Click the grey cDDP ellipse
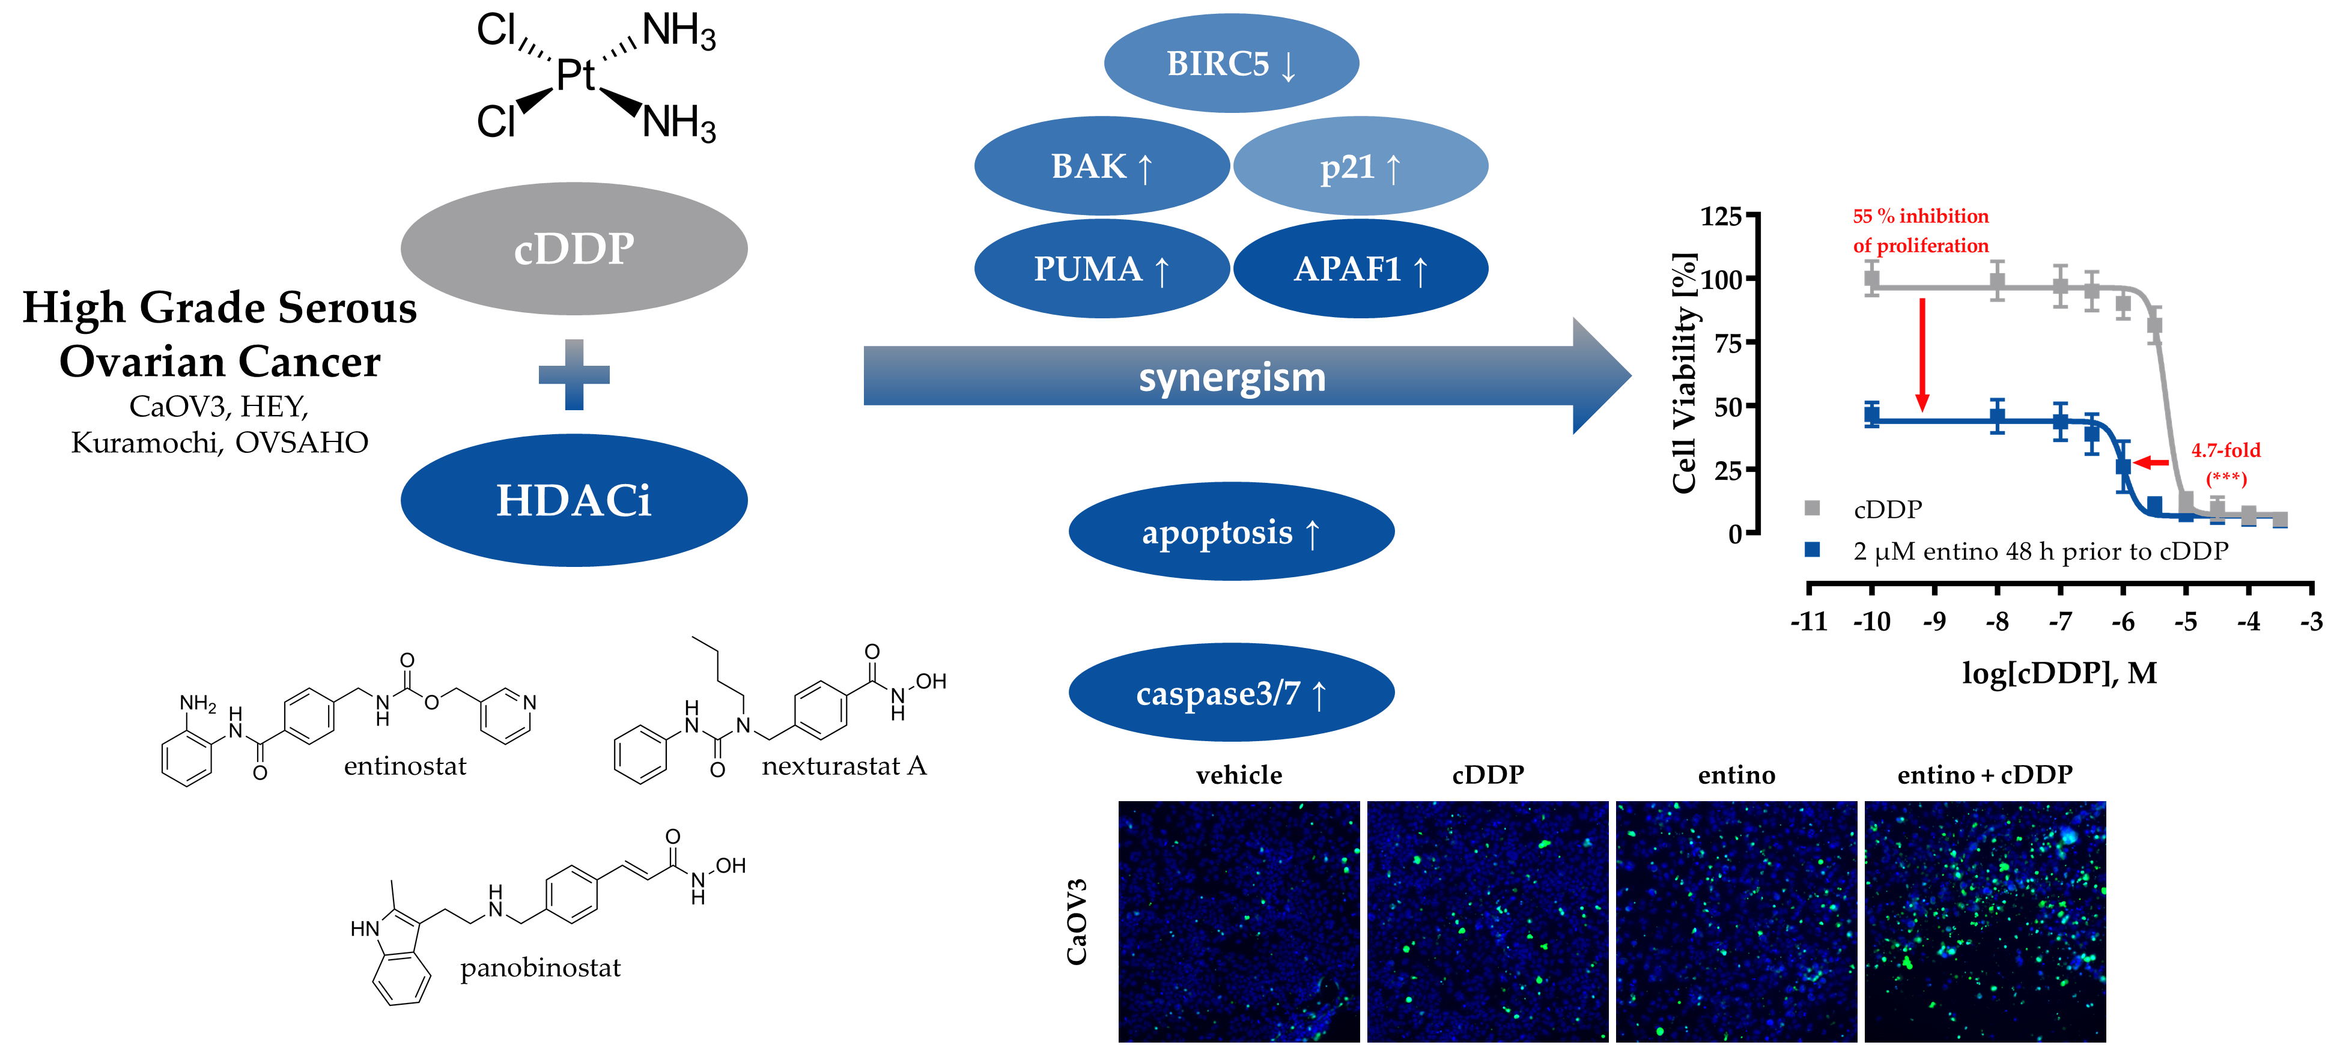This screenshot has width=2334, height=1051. point(574,248)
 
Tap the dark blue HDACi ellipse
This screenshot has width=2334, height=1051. point(574,500)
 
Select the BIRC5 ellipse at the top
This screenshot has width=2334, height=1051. point(1230,64)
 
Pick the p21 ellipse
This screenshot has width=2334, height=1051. point(1360,167)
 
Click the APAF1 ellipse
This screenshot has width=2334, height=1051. point(1360,269)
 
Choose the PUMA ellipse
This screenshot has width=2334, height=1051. point(1101,269)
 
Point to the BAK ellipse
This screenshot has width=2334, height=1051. point(1101,167)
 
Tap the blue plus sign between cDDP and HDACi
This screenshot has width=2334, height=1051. point(574,374)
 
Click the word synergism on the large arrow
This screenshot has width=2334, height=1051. point(1232,377)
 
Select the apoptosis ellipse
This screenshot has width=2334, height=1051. point(1230,532)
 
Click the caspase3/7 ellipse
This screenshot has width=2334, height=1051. point(1230,693)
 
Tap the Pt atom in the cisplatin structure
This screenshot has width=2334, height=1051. point(574,74)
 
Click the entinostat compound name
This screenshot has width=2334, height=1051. point(405,766)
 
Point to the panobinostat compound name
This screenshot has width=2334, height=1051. point(540,968)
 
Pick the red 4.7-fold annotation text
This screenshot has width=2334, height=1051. point(2225,450)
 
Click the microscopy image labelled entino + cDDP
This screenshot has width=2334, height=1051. point(1984,921)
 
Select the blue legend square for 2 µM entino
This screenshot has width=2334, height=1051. point(1812,550)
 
